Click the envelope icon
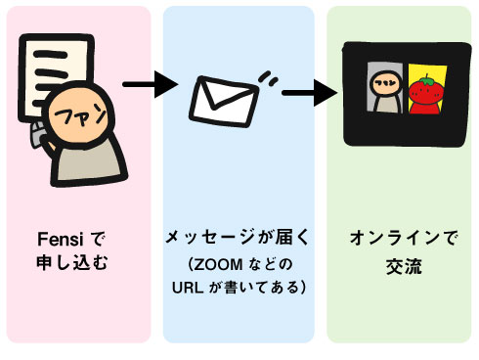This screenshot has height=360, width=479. [222, 99]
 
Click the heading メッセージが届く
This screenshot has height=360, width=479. [237, 239]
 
